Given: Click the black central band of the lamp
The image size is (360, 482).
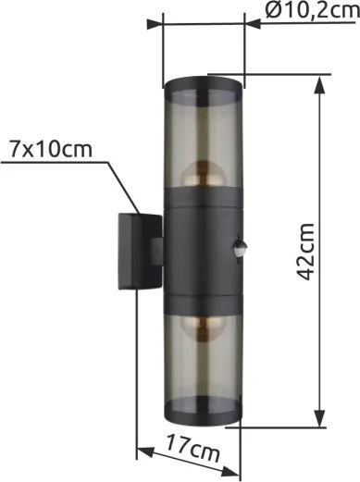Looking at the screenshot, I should tap(202, 250).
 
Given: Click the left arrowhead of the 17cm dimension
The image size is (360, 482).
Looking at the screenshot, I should tap(142, 452).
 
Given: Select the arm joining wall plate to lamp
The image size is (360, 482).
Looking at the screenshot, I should tap(157, 251).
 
